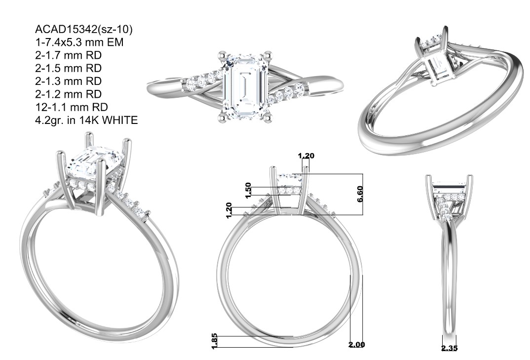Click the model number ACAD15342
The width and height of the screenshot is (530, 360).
(64, 30)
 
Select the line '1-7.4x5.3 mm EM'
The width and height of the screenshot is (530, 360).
(79, 42)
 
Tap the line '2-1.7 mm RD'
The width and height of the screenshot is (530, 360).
(68, 55)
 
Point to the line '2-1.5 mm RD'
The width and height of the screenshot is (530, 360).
(68, 68)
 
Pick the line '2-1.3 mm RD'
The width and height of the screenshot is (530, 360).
(68, 81)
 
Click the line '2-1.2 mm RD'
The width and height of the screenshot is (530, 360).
(68, 94)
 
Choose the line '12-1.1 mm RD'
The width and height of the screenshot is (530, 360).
(72, 107)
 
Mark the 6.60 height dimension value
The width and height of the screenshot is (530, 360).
(360, 194)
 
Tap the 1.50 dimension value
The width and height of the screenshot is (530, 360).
(248, 191)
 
